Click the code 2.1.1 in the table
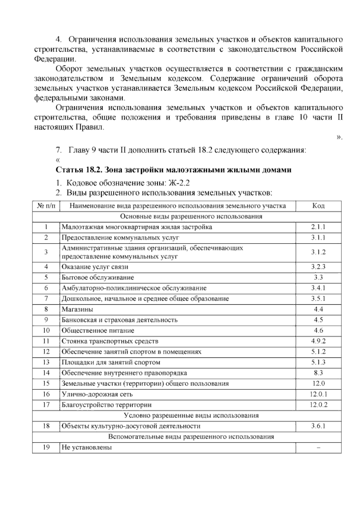point(318,227)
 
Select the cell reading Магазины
point(77,309)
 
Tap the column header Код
point(318,206)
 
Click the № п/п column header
point(46,206)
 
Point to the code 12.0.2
point(318,405)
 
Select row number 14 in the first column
point(46,373)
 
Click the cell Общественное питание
point(98,331)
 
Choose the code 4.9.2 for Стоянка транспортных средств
point(318,341)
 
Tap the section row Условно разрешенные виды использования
point(187,416)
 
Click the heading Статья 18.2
point(79,170)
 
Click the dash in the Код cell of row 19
point(318,447)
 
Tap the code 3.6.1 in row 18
point(318,426)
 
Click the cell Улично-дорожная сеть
point(97,394)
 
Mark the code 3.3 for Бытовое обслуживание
point(318,277)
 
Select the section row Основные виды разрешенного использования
point(187,216)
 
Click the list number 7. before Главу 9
point(59,150)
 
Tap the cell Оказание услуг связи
point(95,267)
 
